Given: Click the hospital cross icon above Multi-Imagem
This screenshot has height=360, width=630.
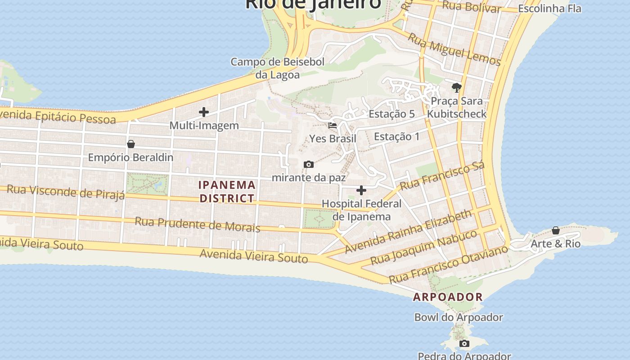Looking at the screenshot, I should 204,112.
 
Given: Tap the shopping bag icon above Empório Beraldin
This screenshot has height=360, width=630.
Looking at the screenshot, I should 131,144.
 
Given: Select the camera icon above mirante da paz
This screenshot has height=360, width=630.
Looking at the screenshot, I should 308,164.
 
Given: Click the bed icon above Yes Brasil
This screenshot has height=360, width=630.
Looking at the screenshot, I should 333,125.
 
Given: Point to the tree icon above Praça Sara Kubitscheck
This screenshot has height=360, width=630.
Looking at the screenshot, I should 457,87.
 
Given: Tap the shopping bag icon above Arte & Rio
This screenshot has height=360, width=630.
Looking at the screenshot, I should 556,230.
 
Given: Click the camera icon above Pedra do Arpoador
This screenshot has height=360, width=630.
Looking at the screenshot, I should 464,344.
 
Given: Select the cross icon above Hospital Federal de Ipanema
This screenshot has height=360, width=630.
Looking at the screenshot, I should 361,190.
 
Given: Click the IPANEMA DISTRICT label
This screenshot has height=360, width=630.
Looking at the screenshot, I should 227,191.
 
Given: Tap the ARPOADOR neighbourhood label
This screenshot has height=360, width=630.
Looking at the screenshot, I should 448,297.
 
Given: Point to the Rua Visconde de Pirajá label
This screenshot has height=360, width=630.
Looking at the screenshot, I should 66,192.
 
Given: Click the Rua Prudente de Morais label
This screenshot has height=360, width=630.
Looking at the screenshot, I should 198,224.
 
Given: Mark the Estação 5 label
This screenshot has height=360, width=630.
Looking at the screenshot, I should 391,114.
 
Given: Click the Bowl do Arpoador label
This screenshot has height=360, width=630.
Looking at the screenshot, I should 459,317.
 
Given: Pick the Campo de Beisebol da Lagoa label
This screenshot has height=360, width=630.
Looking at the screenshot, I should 278,68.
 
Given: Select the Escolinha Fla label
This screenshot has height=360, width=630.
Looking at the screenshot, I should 549,9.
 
